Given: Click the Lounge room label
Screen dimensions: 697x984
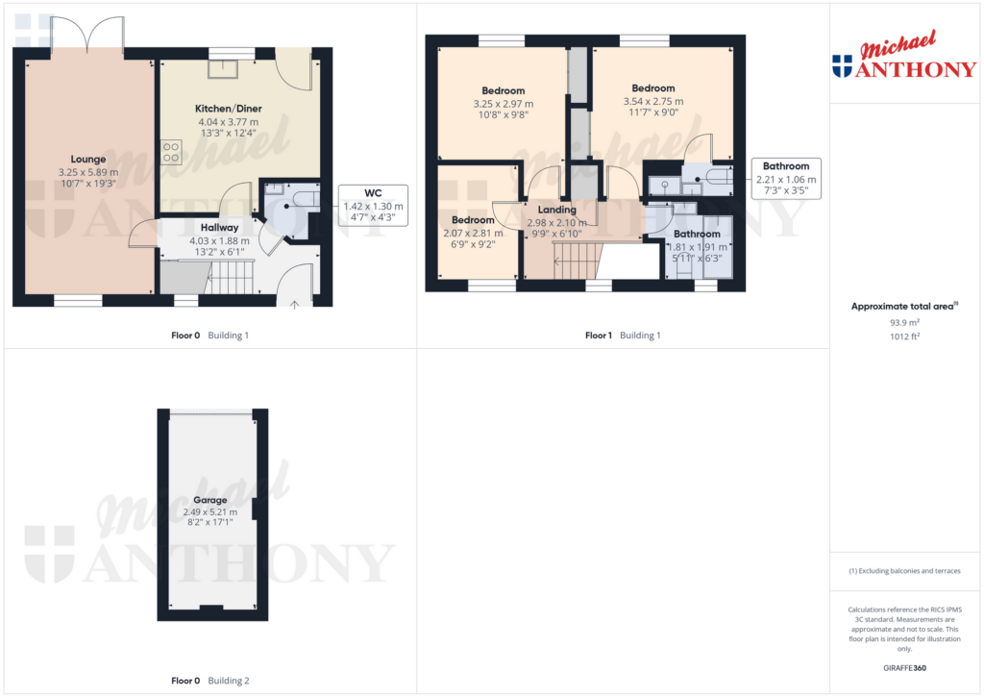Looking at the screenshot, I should click(x=88, y=160).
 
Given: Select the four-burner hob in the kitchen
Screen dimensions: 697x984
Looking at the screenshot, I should click(x=172, y=151).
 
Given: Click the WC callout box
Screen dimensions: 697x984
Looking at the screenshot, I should click(x=374, y=205).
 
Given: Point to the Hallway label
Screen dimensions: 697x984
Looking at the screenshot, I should click(x=219, y=228).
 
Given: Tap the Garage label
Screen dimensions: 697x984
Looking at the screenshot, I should click(x=210, y=500).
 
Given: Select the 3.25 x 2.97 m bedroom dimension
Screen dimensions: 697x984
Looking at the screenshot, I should click(x=504, y=103).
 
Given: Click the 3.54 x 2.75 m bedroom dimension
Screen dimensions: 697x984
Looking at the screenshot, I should click(x=653, y=101).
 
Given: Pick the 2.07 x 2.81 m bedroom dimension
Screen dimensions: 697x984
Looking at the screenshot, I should click(x=473, y=233).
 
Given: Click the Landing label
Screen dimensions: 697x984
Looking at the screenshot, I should click(x=557, y=210).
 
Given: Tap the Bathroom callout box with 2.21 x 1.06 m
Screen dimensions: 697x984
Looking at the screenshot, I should click(x=786, y=178).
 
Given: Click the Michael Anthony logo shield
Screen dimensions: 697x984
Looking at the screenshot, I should click(x=842, y=65).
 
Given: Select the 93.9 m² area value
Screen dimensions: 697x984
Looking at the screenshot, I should click(x=903, y=323).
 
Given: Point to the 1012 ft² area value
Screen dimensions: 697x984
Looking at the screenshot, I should click(x=903, y=336).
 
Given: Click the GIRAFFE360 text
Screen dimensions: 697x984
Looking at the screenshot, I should click(x=903, y=668).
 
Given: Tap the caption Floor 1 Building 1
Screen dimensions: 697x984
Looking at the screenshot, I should click(x=623, y=336).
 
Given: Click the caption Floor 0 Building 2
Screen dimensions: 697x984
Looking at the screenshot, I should click(x=210, y=681).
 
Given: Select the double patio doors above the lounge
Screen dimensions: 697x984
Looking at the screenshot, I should click(x=87, y=36).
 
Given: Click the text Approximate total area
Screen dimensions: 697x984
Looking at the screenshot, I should click(x=902, y=306).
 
